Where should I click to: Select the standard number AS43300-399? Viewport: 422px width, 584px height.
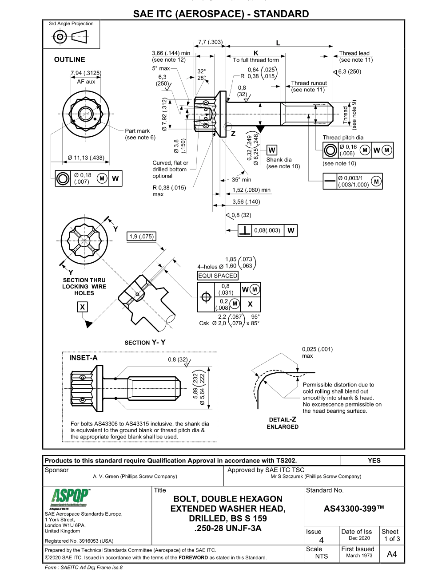[x=354, y=509]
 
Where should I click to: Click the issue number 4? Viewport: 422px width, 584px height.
[x=321, y=540]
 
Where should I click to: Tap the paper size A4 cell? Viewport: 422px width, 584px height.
[x=391, y=554]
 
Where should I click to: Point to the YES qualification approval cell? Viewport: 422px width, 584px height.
[x=374, y=461]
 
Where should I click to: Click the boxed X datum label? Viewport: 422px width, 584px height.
[x=82, y=307]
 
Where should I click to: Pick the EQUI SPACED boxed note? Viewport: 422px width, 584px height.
[x=218, y=276]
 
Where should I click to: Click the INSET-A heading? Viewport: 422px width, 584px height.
[x=83, y=358]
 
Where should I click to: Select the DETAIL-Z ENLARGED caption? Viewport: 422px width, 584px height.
[x=283, y=423]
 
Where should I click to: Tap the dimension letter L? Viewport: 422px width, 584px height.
[x=279, y=43]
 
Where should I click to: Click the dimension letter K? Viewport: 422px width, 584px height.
[x=256, y=53]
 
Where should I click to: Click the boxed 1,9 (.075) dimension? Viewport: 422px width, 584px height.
[x=141, y=237]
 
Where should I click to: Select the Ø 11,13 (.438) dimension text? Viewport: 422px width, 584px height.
[x=86, y=158]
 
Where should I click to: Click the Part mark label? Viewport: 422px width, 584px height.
[x=137, y=131]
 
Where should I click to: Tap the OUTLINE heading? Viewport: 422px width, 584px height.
[x=69, y=59]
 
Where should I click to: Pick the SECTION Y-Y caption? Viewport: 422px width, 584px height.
[x=145, y=343]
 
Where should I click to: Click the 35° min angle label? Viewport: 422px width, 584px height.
[x=241, y=180]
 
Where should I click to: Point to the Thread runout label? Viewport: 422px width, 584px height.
[x=309, y=83]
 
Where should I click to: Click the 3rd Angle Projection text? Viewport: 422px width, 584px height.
[x=71, y=24]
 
